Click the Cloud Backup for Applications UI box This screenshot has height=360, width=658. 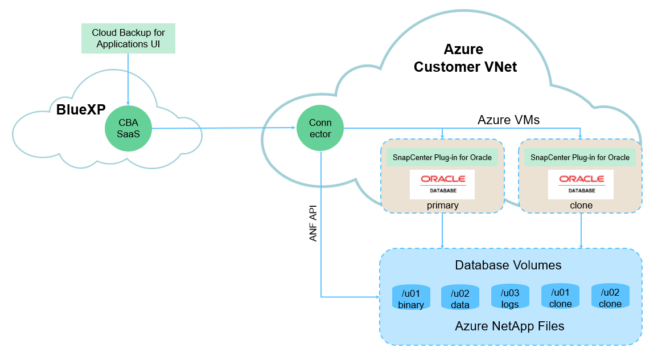[128, 38]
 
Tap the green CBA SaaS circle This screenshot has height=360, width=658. [128, 128]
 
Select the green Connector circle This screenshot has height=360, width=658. [320, 129]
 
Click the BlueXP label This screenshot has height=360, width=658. [81, 109]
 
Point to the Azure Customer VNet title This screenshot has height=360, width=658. [465, 58]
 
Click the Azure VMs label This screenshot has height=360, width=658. [508, 120]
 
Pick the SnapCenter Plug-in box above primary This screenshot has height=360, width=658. [442, 157]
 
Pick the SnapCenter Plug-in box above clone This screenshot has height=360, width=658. [580, 157]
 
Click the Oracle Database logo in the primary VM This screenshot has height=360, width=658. [442, 184]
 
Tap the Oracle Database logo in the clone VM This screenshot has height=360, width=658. [580, 184]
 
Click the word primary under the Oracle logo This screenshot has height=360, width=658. [442, 206]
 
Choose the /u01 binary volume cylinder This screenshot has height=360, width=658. [411, 297]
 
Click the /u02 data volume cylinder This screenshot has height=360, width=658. [460, 297]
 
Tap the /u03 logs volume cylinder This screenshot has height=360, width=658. [510, 297]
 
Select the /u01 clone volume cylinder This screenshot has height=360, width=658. [560, 296]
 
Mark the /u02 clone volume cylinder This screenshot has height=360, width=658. [610, 296]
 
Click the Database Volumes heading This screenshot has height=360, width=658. [508, 265]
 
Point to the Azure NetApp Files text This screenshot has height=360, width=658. [509, 326]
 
